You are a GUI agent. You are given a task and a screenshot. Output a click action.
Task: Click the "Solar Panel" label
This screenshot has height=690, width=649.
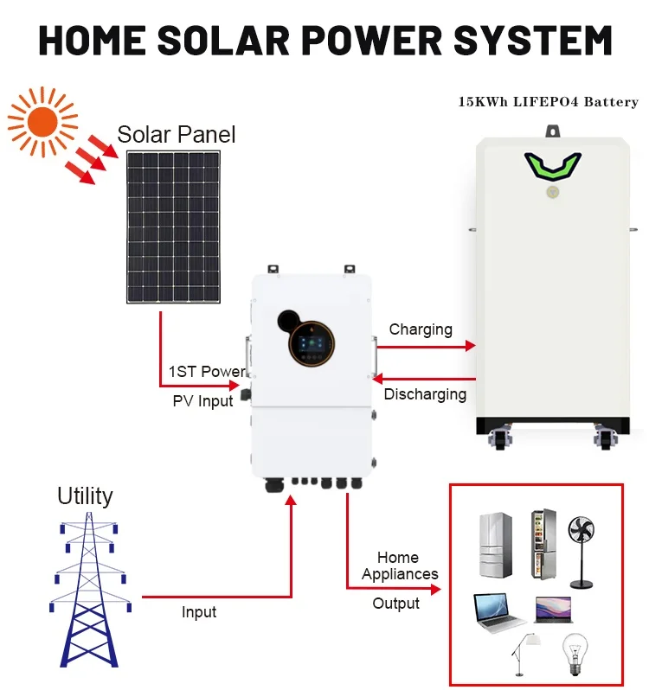coord(177,135)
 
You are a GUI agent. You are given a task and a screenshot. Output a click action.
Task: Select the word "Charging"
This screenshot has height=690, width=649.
coord(421,329)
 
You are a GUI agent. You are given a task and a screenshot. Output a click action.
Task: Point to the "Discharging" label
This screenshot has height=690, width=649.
coord(425,394)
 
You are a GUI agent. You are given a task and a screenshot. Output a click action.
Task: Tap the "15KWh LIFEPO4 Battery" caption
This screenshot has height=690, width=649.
coord(549,102)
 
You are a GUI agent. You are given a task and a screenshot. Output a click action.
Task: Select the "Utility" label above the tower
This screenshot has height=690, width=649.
coord(85,495)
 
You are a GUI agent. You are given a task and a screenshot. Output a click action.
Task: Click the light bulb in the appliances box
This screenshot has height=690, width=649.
coord(573,649)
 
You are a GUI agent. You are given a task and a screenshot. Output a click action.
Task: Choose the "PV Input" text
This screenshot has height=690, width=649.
coord(203,400)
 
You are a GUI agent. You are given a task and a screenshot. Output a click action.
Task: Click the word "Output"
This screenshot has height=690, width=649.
coord(395,604)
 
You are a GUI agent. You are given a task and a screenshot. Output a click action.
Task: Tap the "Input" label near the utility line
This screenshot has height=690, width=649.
coord(199,612)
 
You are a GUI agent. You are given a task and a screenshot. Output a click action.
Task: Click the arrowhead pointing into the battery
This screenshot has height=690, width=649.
coord(471,346)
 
